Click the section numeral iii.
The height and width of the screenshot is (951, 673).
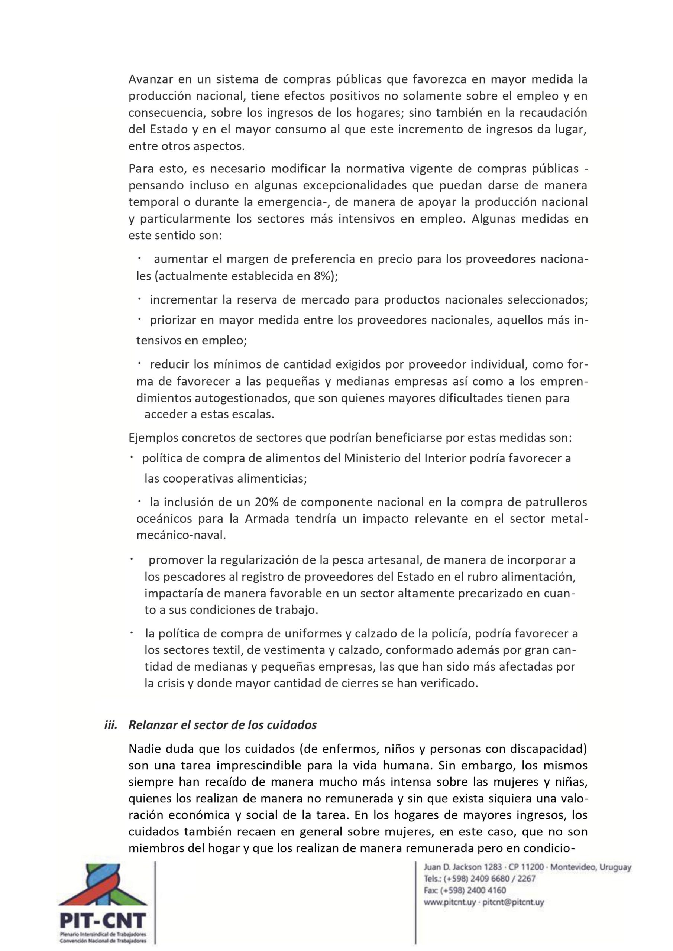(111, 725)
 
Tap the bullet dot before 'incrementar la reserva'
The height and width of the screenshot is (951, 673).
(140, 298)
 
